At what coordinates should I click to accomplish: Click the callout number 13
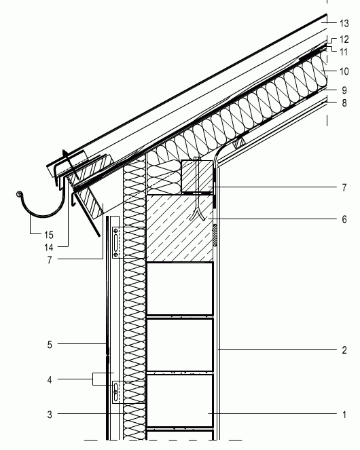click(x=344, y=24)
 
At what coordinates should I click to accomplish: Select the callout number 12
click(x=344, y=39)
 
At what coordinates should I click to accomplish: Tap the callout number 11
click(x=344, y=52)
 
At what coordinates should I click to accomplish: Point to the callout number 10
click(x=344, y=71)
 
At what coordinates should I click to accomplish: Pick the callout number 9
click(x=344, y=90)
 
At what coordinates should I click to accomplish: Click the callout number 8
click(x=344, y=103)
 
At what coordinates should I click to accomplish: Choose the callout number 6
click(x=344, y=219)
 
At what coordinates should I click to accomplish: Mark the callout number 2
click(x=344, y=350)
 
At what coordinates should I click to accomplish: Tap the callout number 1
click(x=344, y=415)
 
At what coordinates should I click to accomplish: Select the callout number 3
click(x=50, y=415)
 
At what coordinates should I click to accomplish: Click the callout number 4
click(x=50, y=380)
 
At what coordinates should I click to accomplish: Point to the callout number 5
click(x=50, y=345)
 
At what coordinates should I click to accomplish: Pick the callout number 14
click(x=49, y=247)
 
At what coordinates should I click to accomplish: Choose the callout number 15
click(x=49, y=235)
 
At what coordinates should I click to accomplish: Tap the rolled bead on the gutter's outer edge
click(x=19, y=195)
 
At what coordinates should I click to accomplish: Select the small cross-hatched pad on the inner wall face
click(x=215, y=236)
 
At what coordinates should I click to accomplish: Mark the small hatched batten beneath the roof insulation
click(x=239, y=143)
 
